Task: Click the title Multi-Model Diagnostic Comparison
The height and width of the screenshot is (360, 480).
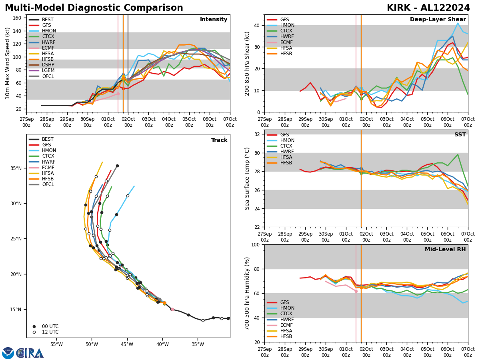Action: pos(94,8)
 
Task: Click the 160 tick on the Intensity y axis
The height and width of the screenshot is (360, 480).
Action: pos(18,18)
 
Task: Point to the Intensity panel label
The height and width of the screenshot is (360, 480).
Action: pos(214,20)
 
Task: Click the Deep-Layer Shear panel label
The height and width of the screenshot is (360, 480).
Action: pos(438,20)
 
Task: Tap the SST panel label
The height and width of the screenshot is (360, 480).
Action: pos(460,135)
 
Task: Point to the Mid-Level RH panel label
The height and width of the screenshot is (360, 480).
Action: pos(445,250)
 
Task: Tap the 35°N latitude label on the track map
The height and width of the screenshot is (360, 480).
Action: pos(16,168)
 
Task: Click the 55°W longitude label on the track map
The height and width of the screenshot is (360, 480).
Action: pos(56,345)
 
